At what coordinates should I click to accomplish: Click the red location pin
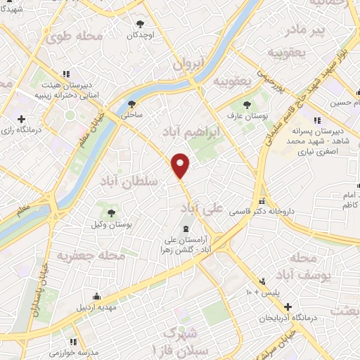point(181,165)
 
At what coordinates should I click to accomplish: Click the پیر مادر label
point(309,30)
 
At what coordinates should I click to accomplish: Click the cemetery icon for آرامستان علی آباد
point(186,229)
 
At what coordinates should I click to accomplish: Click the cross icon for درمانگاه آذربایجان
point(287,307)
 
